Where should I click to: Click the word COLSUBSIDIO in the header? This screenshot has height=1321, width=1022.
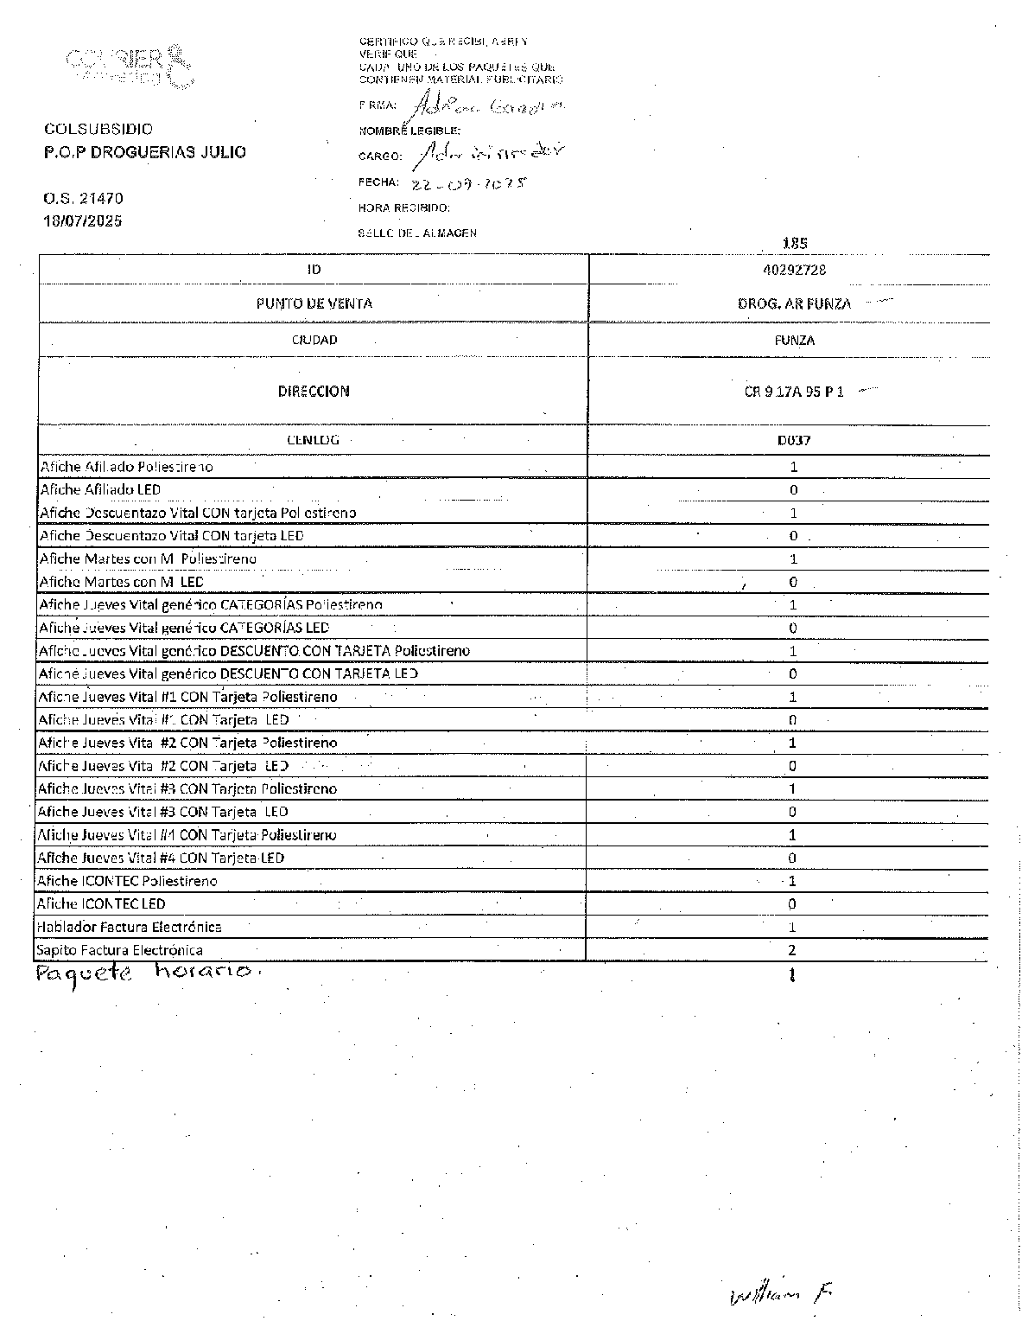point(98,130)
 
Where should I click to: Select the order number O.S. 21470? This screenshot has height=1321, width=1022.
point(83,199)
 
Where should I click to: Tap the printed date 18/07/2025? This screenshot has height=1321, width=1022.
point(83,221)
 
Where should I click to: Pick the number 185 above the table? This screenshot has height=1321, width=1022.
point(794,244)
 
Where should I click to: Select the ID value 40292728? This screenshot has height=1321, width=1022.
point(794,270)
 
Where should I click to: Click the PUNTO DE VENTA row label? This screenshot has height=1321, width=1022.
point(314,303)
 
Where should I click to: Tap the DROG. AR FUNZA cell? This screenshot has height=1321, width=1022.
point(794,304)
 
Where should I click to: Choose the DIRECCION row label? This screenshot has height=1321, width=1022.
point(314,392)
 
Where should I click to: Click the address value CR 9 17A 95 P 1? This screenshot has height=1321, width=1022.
point(793,392)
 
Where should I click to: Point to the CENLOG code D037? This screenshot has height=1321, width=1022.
point(794,440)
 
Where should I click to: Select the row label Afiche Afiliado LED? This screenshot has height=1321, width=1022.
point(100,490)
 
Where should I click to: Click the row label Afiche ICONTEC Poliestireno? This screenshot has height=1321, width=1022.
point(126,882)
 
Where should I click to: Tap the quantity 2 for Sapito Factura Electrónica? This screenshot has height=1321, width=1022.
point(792,951)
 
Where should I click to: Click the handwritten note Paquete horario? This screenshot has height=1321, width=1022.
point(147,974)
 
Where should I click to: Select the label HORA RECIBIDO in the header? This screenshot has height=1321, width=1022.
point(403,208)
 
